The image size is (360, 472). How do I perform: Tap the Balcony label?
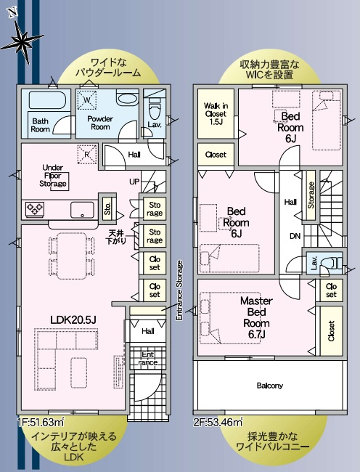[x=269, y=385]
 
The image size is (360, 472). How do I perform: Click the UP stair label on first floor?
[x=134, y=181]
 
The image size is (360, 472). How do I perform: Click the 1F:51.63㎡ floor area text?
[x=42, y=420]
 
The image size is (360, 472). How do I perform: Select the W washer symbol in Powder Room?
[x=86, y=99]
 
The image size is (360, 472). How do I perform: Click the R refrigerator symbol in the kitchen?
[x=86, y=154]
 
